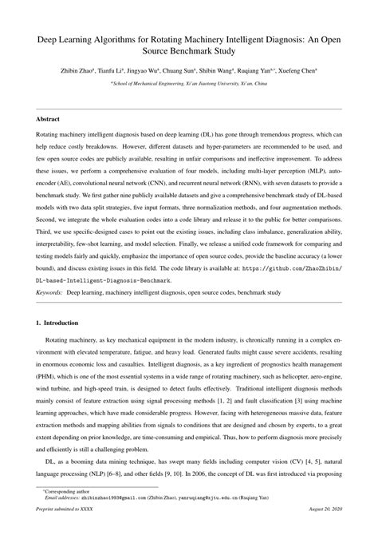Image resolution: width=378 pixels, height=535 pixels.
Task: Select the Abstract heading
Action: [x=48, y=119]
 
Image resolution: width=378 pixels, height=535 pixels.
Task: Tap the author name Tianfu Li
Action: [x=128, y=71]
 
